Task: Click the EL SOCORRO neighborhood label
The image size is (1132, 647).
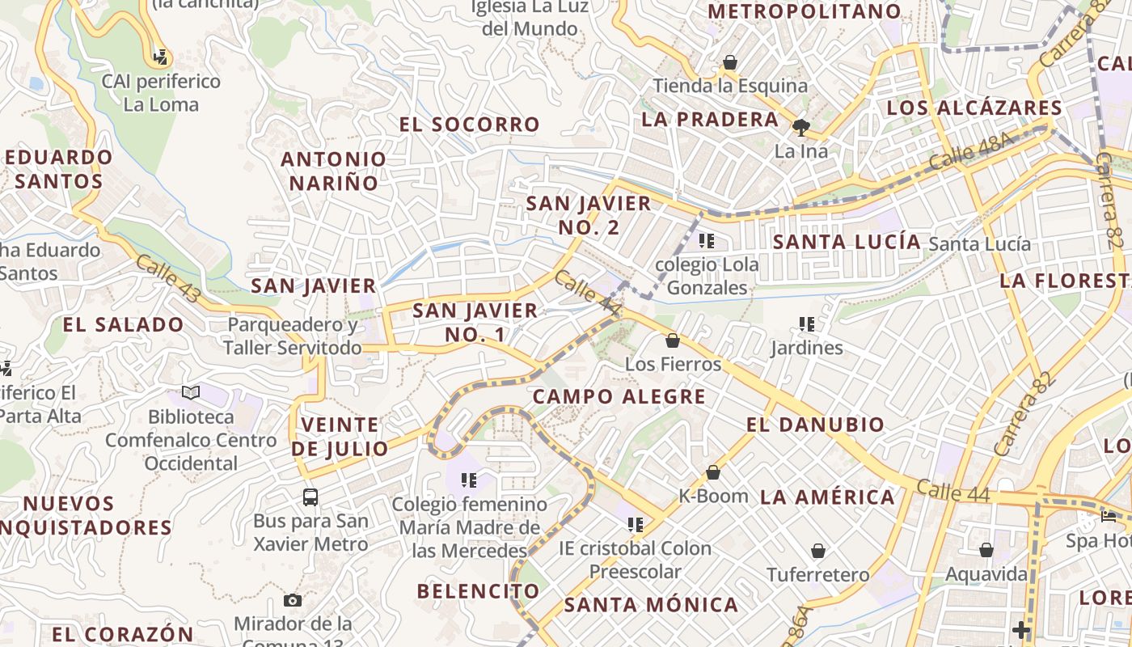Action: [469, 125]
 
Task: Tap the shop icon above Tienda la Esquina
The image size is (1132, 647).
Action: [730, 62]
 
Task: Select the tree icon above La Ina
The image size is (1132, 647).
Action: [801, 127]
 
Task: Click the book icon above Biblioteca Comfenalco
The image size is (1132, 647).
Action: [191, 393]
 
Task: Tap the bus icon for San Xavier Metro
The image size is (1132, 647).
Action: [310, 497]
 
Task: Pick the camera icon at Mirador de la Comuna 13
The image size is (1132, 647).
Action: [293, 600]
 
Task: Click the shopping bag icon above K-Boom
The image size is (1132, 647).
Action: [713, 472]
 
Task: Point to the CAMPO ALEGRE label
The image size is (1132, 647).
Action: [619, 397]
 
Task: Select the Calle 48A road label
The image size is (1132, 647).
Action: [970, 151]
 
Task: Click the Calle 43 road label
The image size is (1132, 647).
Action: [167, 280]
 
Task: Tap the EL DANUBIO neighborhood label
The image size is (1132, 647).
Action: [815, 425]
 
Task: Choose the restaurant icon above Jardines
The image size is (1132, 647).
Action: [806, 324]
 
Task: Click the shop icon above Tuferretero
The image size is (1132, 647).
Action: [818, 552]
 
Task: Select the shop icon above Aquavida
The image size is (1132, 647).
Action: [986, 551]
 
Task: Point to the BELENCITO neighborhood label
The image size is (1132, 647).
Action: [479, 591]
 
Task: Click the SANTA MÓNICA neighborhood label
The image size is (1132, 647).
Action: [651, 605]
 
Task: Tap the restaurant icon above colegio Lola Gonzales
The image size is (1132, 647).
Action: [707, 241]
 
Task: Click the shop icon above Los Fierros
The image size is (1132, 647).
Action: [673, 340]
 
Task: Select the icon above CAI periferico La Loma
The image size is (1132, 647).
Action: [161, 57]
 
